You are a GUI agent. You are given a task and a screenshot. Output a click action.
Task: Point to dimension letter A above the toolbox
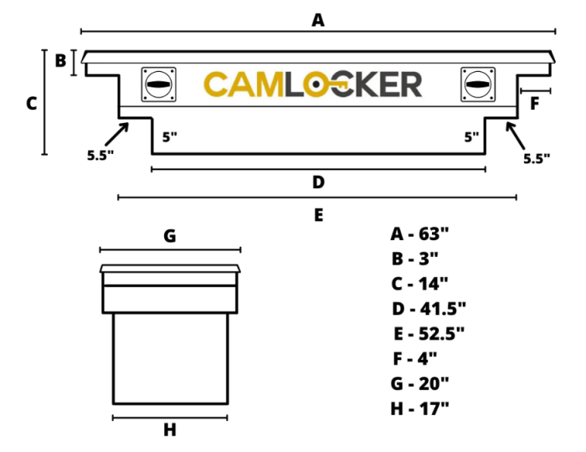pyautogui.click(x=318, y=19)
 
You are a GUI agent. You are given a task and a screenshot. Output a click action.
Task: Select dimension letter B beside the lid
pyautogui.click(x=60, y=60)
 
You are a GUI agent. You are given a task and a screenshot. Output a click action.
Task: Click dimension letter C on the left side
pyautogui.click(x=31, y=104)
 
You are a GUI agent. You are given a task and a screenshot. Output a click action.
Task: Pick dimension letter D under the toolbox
pyautogui.click(x=318, y=182)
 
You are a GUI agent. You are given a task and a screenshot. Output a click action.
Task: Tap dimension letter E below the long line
pyautogui.click(x=318, y=215)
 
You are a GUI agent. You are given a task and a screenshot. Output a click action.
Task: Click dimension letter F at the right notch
pyautogui.click(x=535, y=103)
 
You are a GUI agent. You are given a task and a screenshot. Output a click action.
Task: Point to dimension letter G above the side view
pyautogui.click(x=169, y=236)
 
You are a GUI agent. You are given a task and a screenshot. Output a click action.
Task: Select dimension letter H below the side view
pyautogui.click(x=170, y=430)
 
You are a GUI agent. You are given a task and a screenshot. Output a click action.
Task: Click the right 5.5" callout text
pyautogui.click(x=537, y=157)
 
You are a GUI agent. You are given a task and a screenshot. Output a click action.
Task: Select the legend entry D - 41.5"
pyautogui.click(x=428, y=309)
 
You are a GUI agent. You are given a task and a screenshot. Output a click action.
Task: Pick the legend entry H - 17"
pyautogui.click(x=419, y=408)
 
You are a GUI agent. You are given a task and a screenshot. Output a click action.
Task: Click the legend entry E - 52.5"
pyautogui.click(x=429, y=333)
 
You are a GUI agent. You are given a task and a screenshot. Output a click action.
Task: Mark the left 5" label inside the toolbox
pyautogui.click(x=170, y=136)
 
